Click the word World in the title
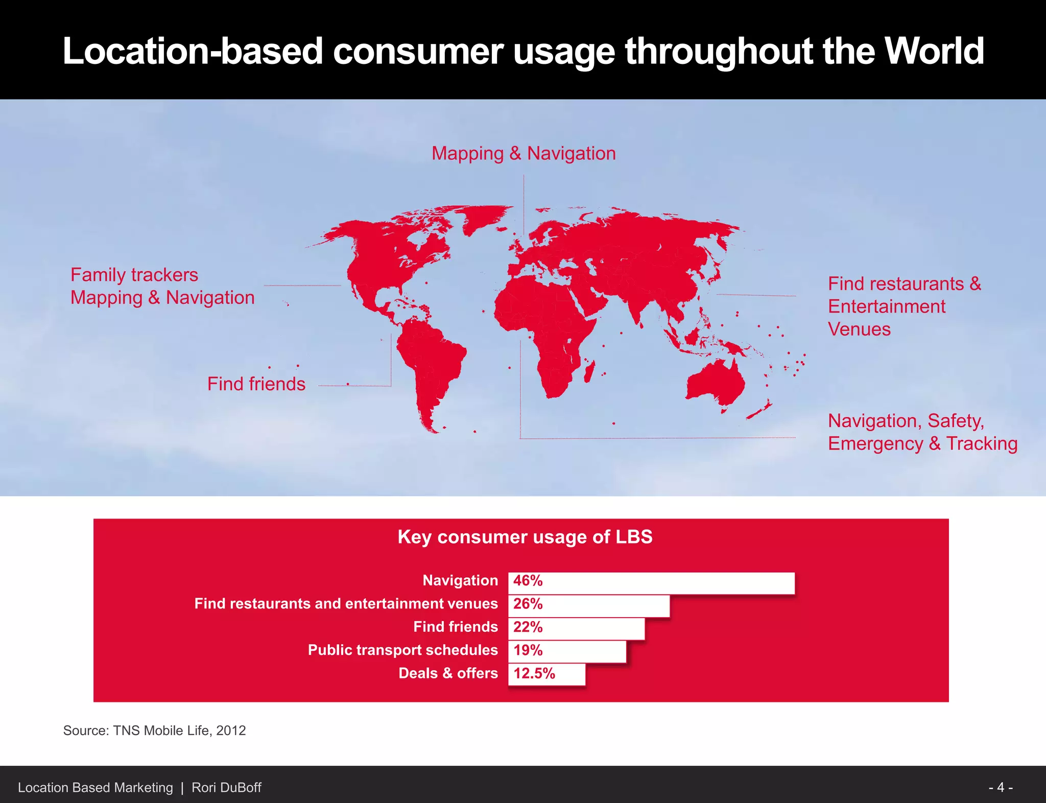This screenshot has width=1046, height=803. tap(934, 51)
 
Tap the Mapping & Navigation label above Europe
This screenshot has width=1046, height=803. tap(524, 153)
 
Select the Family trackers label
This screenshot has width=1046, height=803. tap(134, 275)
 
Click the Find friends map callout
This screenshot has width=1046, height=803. tap(256, 384)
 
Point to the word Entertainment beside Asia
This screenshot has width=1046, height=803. tap(886, 306)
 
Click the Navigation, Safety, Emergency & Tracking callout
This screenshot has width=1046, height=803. tap(922, 432)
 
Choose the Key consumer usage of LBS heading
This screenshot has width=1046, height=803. tap(525, 537)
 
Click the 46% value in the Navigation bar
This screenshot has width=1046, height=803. tap(528, 581)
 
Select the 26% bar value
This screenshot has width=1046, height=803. tap(528, 604)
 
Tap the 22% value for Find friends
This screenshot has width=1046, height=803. tap(528, 627)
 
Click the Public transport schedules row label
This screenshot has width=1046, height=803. tap(402, 650)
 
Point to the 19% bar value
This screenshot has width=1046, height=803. tap(528, 650)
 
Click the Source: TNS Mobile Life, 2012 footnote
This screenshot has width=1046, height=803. tap(154, 730)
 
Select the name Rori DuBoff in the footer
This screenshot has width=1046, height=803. tap(226, 788)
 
